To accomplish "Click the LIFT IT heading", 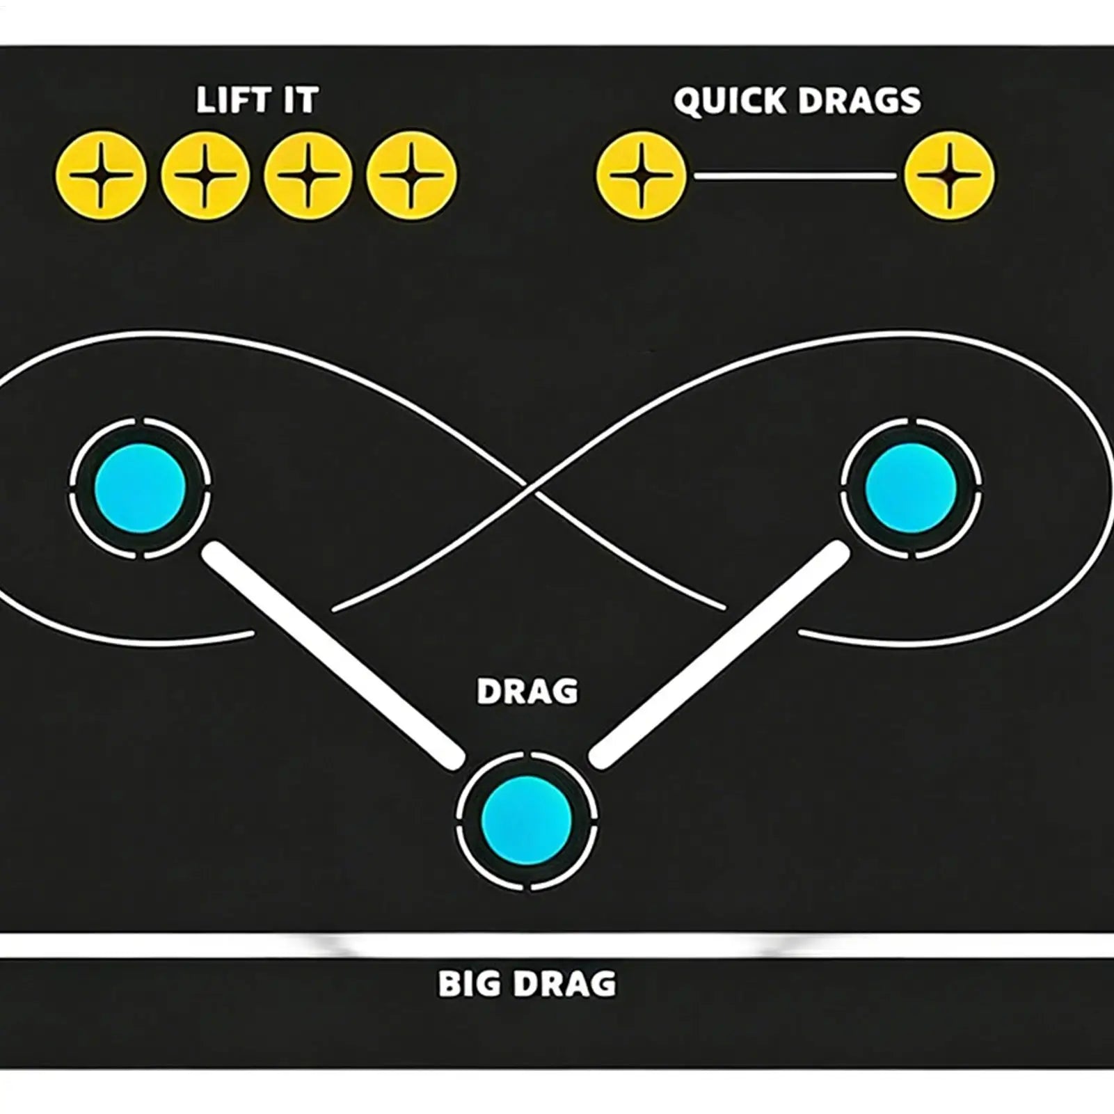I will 257,101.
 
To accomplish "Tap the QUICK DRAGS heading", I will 797,101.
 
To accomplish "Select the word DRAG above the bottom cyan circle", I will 527,692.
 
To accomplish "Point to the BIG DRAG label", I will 527,984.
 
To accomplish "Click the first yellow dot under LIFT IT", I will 102,175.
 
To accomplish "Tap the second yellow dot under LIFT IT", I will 205,175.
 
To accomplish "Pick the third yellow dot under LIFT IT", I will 308,175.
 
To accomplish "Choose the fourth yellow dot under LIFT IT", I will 412,175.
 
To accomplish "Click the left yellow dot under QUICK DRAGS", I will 641,175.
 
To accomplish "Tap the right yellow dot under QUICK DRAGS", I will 949,175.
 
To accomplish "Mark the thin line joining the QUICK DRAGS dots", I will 795,176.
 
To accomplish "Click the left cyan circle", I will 140,486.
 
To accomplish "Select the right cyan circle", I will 911,486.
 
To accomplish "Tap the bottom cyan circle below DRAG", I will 527,818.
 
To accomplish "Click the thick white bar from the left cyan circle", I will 333,655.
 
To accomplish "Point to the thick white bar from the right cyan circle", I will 720,655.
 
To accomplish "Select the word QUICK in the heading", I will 730,101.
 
